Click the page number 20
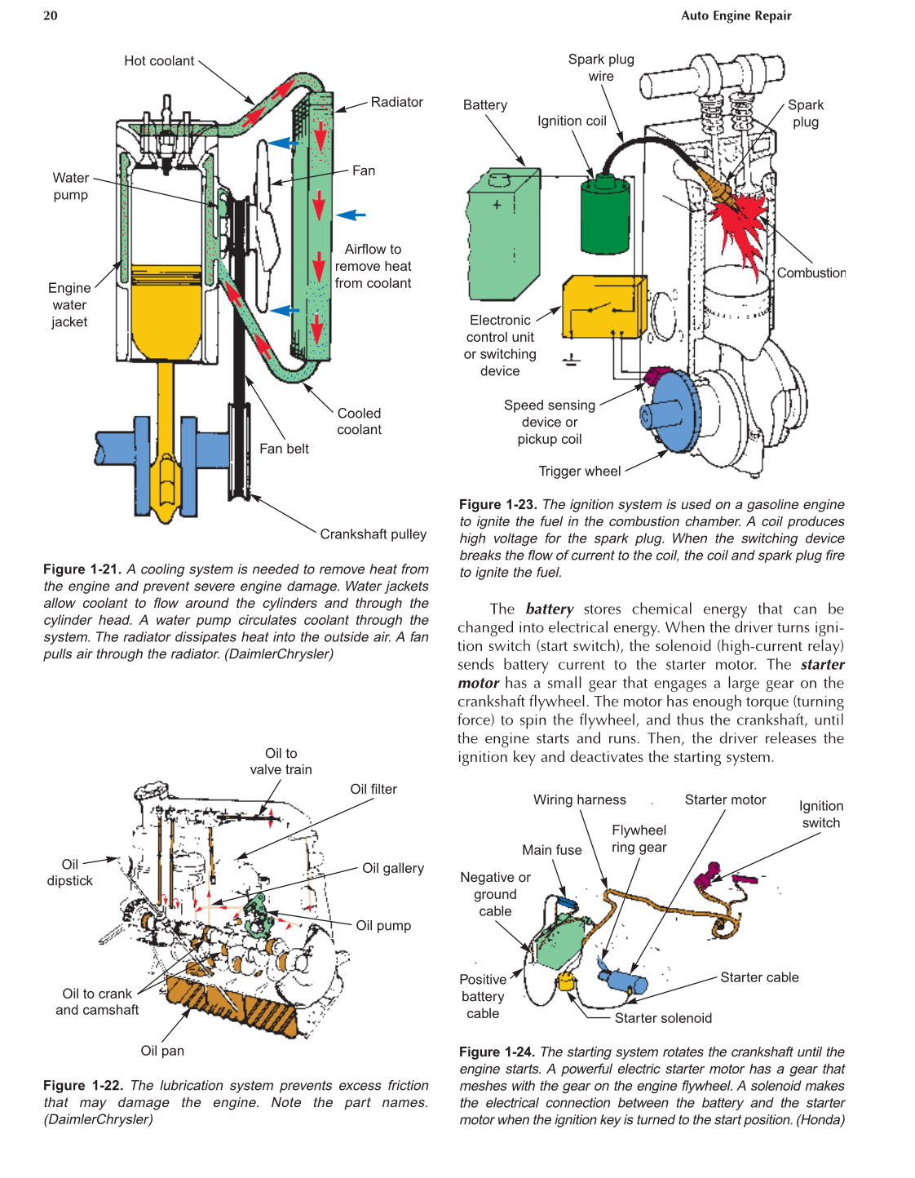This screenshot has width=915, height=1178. pos(51,15)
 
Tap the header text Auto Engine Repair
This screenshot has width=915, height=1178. pos(736,15)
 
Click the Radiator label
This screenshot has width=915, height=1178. pos(396,102)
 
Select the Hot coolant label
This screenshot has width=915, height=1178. pos(159,61)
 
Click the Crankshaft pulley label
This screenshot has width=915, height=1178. pos(373,534)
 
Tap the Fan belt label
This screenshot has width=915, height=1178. pos(284,449)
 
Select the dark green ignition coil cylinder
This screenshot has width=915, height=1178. pos(605,216)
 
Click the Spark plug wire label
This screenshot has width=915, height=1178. pos(601,68)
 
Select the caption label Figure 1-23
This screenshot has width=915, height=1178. pos(497,505)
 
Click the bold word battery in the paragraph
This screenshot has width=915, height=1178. pos(550,609)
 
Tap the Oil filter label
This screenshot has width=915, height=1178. pos(374,790)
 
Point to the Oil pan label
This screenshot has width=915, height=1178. pos(162,1051)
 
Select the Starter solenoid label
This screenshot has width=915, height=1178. pos(663,1018)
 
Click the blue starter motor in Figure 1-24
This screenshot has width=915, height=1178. pos(624,980)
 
